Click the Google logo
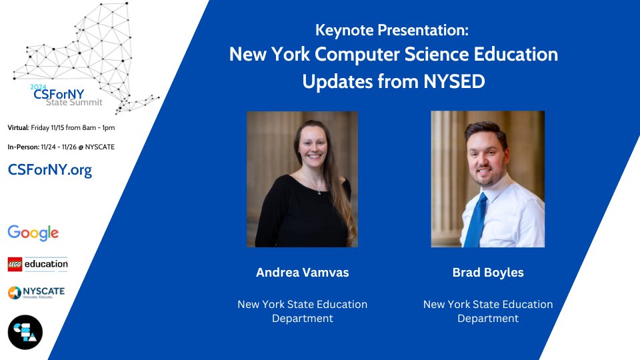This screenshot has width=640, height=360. coord(33,233)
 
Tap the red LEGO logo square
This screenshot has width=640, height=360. coord(15,265)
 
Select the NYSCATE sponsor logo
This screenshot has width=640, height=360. coord(36,292)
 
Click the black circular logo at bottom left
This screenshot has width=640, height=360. coord(25,332)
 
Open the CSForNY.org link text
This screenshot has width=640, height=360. coord(50,169)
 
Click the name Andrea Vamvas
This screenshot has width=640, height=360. coord(303,272)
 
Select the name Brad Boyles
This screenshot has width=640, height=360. coord(488,272)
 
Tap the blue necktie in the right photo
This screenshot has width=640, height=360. coord(477,221)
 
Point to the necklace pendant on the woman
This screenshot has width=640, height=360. coord(319,193)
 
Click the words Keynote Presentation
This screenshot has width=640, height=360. coord(391,30)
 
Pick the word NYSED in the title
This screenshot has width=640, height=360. coord(454,81)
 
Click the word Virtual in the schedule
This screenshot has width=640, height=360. coord(17,128)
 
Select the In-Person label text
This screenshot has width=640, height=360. coord(23,147)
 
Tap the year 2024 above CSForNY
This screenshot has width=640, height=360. coord(39,87)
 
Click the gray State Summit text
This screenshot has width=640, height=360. coord(74,102)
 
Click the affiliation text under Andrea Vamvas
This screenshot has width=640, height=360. coord(303,311)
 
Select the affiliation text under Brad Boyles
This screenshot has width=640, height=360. coord(488,311)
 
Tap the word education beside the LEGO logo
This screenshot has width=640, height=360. coord(46,264)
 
